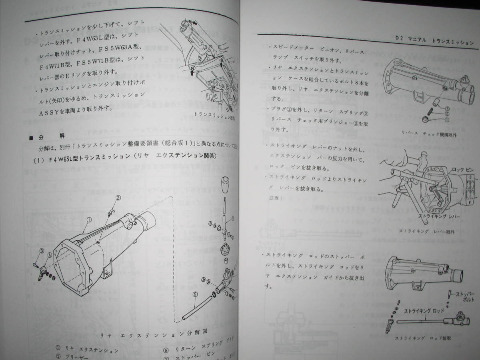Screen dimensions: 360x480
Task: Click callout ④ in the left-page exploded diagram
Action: click(x=49, y=254)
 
